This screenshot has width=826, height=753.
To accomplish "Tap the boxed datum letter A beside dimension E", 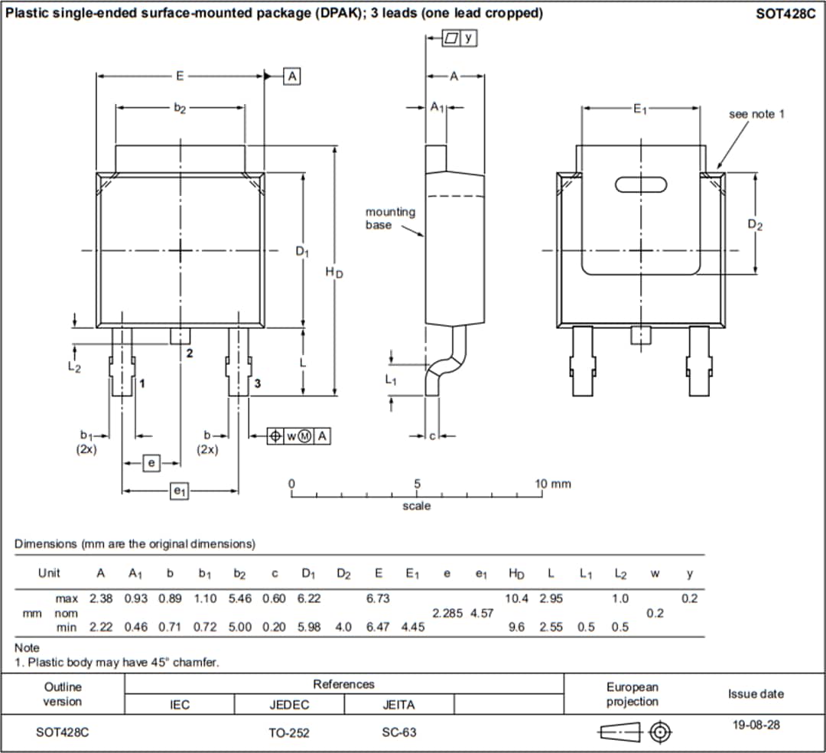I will (x=292, y=76).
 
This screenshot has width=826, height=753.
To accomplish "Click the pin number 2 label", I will (x=190, y=353).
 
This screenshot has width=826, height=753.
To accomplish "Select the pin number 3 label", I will (x=258, y=383).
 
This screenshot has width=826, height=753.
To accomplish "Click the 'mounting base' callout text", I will (x=390, y=218).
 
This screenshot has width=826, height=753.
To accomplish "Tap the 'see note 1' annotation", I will (x=756, y=114).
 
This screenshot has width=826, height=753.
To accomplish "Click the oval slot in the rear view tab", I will (x=641, y=184).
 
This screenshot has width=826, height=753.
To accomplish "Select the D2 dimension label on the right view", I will (x=755, y=224).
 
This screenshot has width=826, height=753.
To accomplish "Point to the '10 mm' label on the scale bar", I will (x=554, y=484).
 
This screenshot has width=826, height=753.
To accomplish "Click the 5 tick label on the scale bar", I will (x=417, y=484).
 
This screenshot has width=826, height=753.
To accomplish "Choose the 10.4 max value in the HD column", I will (x=516, y=598).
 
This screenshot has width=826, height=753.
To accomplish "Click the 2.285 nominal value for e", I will (x=447, y=613).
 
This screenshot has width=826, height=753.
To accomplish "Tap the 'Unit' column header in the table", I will (x=49, y=573).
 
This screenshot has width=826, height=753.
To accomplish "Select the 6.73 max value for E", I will (x=378, y=598).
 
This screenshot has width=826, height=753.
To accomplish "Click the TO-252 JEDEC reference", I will (x=289, y=732).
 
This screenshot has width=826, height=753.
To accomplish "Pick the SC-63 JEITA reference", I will (x=398, y=732).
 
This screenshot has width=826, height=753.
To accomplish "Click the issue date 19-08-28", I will (x=756, y=725).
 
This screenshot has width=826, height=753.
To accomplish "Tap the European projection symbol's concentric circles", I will (x=660, y=733).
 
